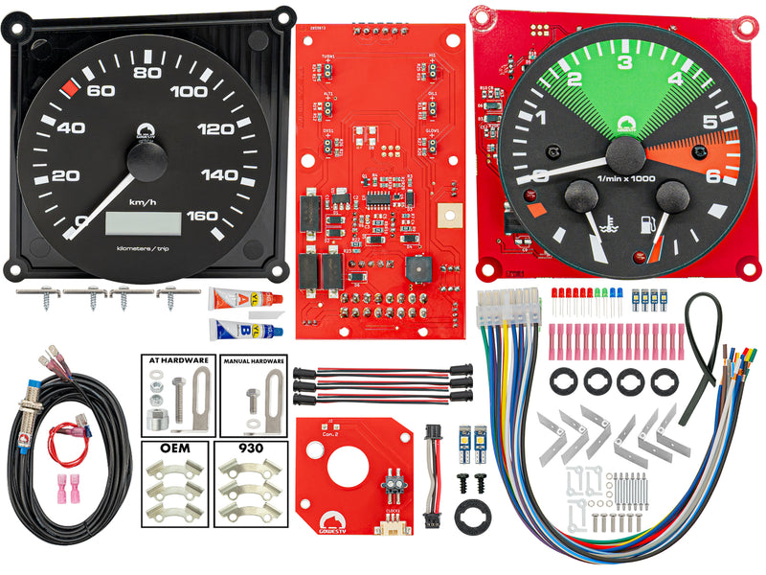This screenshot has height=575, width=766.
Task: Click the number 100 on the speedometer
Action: tap(189, 92)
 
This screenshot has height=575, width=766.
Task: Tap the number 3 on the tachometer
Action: tap(625, 64)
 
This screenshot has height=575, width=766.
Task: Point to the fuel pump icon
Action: tap(648, 226)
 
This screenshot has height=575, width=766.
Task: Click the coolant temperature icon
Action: tap(607, 227)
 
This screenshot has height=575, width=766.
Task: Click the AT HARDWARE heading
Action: tap(178, 361)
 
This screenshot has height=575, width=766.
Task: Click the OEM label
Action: tap(178, 448)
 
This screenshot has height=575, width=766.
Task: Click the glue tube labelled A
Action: tap(242, 298)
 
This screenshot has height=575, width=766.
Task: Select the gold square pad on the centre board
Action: tap(444, 218)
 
